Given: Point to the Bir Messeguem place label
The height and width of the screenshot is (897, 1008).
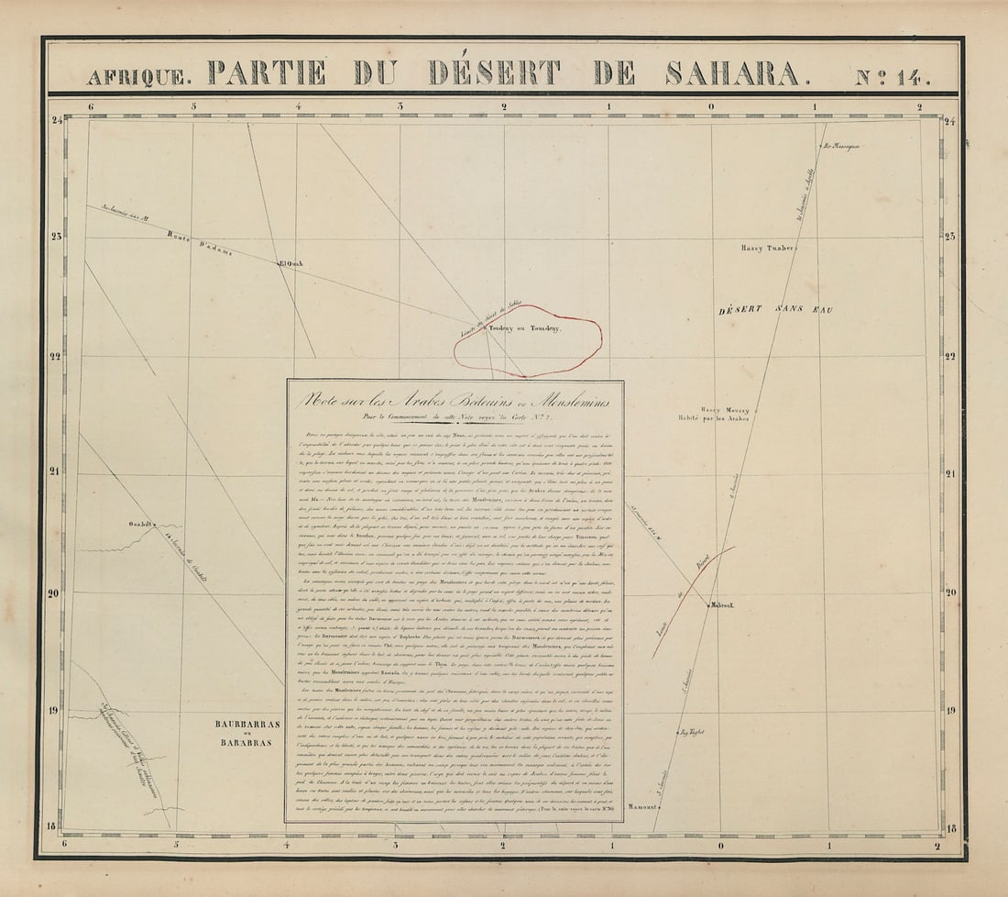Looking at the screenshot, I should tap(843, 145).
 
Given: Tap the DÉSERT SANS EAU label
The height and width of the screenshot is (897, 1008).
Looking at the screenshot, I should tap(775, 311).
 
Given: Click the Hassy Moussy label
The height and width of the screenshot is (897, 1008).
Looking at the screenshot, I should tap(725, 410).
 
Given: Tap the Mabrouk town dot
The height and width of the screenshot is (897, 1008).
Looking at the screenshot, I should tap(708, 603).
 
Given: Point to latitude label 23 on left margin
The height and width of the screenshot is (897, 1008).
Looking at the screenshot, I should tap(57, 237).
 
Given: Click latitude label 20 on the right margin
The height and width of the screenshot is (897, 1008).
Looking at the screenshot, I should tap(950, 592).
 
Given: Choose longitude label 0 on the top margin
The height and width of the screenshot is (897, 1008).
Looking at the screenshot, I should tap(711, 106).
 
